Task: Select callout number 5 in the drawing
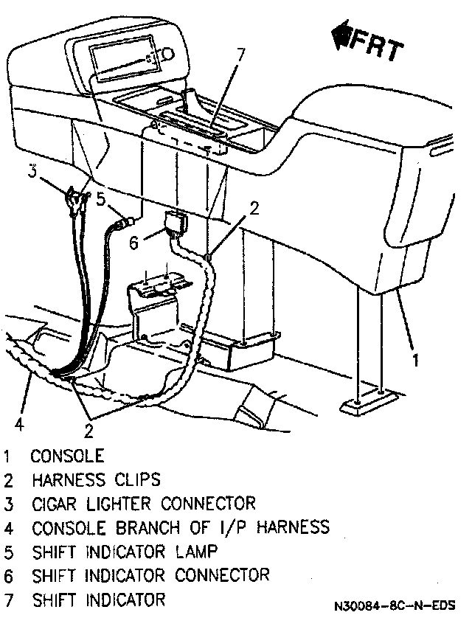tap(102, 198)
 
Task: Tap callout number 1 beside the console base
tap(416, 360)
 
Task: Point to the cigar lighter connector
tap(76, 197)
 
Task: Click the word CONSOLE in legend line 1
tap(67, 456)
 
